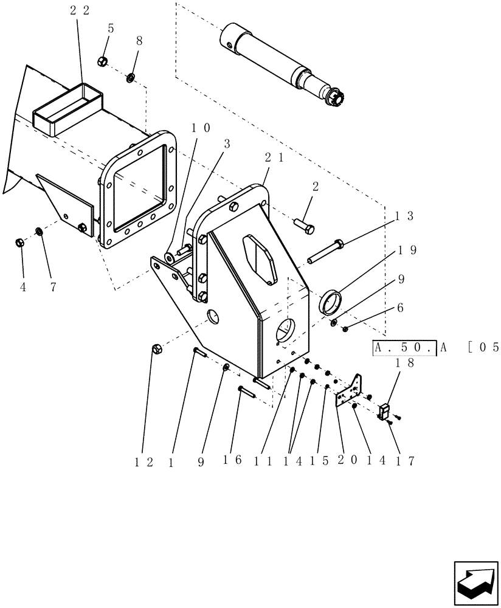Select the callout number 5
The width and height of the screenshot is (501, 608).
pyautogui.click(x=110, y=28)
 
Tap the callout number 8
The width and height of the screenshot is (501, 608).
pyautogui.click(x=139, y=40)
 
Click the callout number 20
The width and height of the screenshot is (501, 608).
pyautogui.click(x=342, y=461)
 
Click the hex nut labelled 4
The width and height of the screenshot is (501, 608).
pyautogui.click(x=19, y=243)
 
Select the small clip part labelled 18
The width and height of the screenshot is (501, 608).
pyautogui.click(x=384, y=412)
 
